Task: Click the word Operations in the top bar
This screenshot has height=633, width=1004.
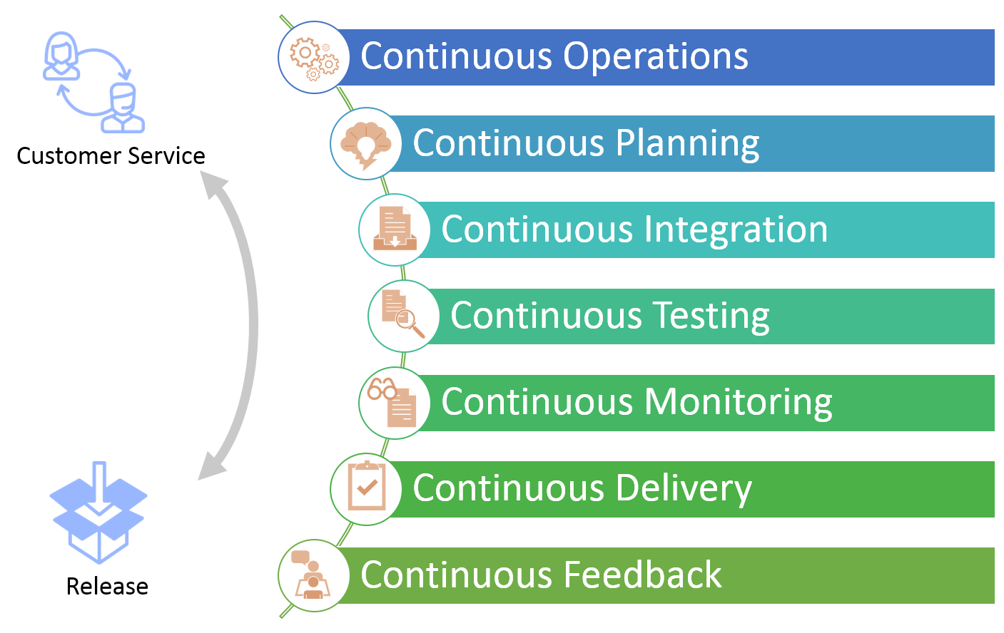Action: click(x=656, y=57)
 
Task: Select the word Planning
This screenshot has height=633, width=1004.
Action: click(x=687, y=143)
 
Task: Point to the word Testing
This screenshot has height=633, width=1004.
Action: click(x=711, y=316)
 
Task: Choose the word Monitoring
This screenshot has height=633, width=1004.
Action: click(x=738, y=402)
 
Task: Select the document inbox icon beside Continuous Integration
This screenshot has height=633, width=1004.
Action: click(x=395, y=230)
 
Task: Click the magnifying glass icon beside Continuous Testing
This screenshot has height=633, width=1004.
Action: click(x=403, y=316)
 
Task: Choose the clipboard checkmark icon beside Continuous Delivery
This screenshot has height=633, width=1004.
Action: click(x=366, y=488)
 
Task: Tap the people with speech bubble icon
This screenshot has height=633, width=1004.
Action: click(x=313, y=575)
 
